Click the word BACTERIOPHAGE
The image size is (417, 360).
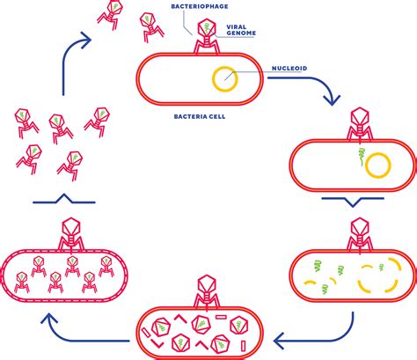tap(200, 6)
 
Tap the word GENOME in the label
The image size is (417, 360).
tap(241, 33)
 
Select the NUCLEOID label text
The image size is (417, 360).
tap(289, 69)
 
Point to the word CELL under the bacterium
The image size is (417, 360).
tap(216, 116)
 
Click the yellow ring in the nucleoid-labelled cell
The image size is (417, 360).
tap(225, 67)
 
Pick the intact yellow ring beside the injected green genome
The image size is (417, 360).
tap(378, 153)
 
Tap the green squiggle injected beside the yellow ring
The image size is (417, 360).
tap(362, 155)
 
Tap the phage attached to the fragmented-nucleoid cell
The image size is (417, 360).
tap(360, 235)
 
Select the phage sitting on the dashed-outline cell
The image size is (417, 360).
tap(71, 235)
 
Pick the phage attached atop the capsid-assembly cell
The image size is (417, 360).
tap(207, 292)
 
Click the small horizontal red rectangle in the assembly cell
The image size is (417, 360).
tap(221, 317)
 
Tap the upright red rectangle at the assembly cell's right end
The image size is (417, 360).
tap(244, 345)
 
